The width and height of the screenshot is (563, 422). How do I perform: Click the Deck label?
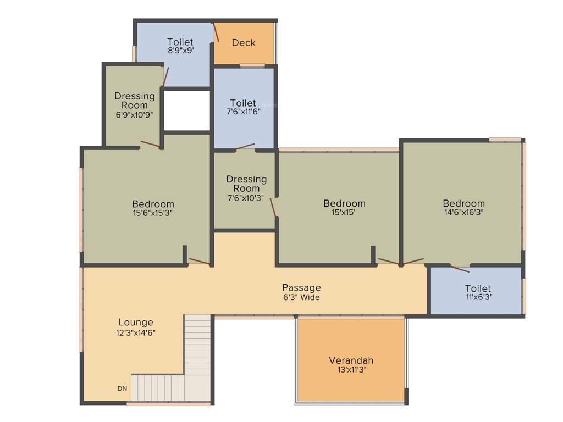pyautogui.click(x=244, y=43)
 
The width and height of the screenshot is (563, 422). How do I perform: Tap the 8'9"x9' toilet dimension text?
pyautogui.click(x=181, y=51)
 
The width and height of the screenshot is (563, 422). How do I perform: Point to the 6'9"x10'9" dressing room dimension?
pyautogui.click(x=135, y=115)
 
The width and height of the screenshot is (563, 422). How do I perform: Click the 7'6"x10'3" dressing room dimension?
pyautogui.click(x=246, y=198)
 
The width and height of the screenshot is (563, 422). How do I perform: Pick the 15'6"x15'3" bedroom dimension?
pyautogui.click(x=153, y=213)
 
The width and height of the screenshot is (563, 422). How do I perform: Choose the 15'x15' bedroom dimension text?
pyautogui.click(x=344, y=212)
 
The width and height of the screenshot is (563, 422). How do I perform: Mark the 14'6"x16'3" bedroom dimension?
pyautogui.click(x=464, y=212)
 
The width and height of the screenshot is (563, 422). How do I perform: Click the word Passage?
pyautogui.click(x=301, y=287)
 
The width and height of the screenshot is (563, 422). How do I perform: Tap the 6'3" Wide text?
pyautogui.click(x=301, y=297)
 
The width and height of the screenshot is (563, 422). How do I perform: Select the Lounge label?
pyautogui.click(x=136, y=322)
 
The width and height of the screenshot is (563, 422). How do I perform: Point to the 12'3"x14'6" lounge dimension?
pyautogui.click(x=136, y=332)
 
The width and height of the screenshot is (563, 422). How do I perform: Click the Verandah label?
pyautogui.click(x=351, y=360)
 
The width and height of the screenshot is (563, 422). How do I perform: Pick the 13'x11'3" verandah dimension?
pyautogui.click(x=351, y=370)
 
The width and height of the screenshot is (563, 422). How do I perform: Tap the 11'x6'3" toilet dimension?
pyautogui.click(x=478, y=297)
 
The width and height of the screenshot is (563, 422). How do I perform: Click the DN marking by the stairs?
pyautogui.click(x=122, y=388)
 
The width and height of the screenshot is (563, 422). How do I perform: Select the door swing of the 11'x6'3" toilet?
pyautogui.click(x=460, y=269)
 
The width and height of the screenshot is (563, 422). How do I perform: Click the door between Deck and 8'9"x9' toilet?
pyautogui.click(x=216, y=32)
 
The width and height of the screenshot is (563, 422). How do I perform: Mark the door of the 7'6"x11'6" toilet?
pyautogui.click(x=245, y=147)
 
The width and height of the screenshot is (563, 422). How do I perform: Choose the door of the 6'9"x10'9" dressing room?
pyautogui.click(x=150, y=145)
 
